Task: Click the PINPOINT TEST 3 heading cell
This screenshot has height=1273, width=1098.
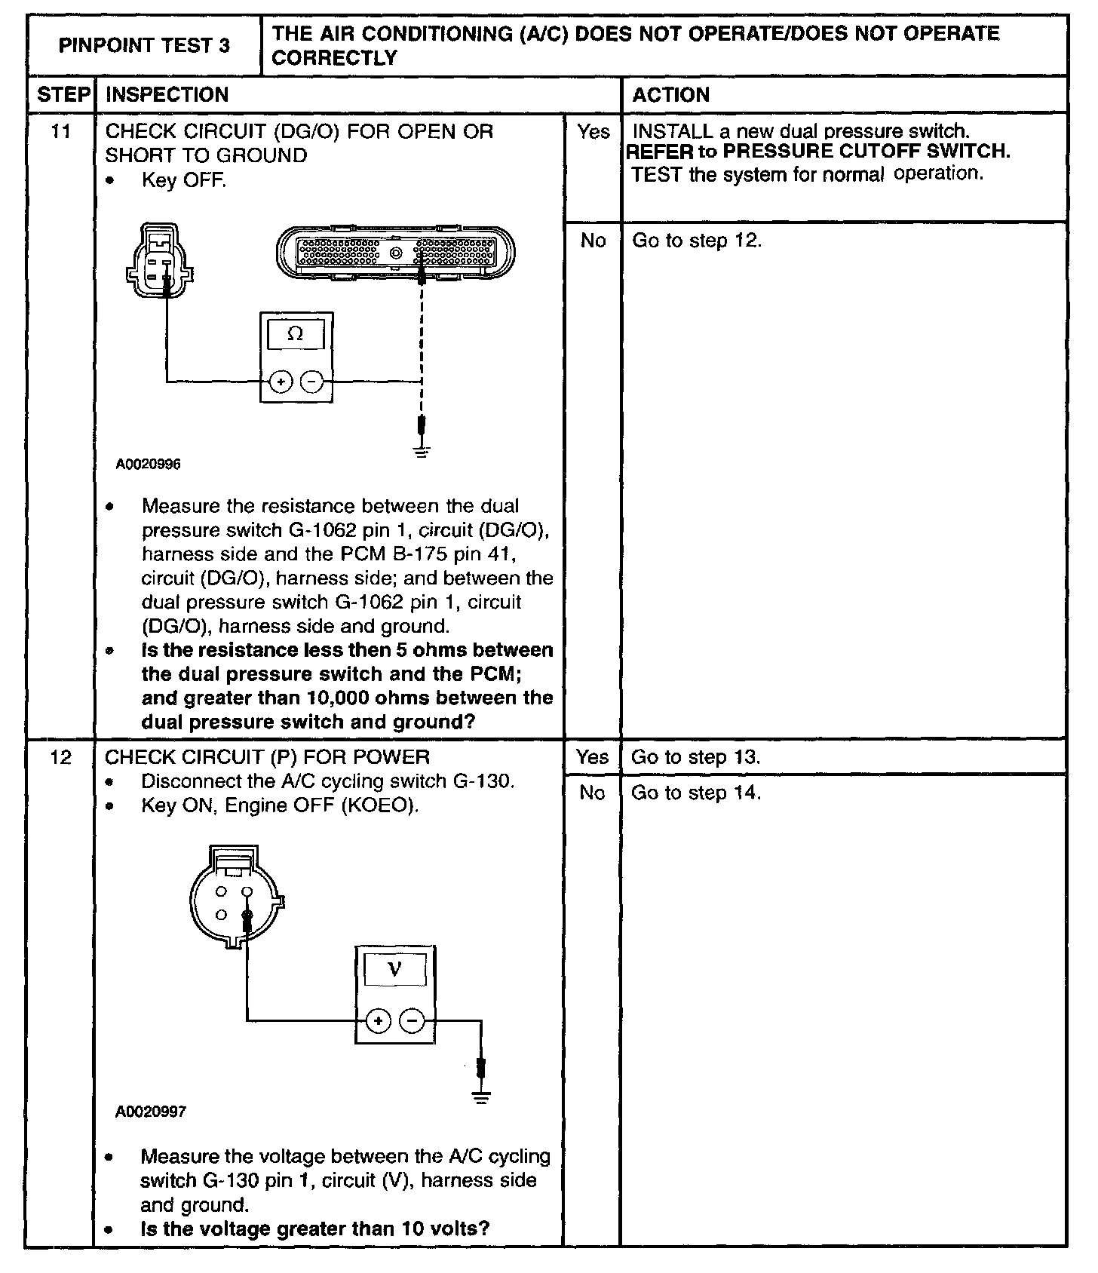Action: [144, 45]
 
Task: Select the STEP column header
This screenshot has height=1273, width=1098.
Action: [63, 95]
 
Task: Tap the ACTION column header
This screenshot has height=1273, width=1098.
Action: [670, 95]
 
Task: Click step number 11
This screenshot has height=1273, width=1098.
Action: [60, 132]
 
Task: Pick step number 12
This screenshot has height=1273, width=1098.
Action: [60, 757]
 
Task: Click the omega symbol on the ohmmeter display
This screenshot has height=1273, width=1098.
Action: [296, 334]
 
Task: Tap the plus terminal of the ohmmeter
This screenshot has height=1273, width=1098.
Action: [281, 382]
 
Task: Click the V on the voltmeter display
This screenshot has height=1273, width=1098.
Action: [394, 969]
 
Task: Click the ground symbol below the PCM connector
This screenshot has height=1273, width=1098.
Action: [422, 452]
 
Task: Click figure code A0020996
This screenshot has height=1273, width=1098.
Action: [148, 465]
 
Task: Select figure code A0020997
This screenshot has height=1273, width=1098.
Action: [151, 1112]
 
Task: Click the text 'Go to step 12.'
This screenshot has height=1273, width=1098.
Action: [697, 241]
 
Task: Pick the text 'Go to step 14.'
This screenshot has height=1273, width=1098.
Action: [696, 793]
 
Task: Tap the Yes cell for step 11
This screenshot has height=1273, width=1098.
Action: [593, 133]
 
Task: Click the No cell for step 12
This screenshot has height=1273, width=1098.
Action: [592, 793]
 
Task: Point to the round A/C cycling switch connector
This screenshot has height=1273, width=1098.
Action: [234, 901]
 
